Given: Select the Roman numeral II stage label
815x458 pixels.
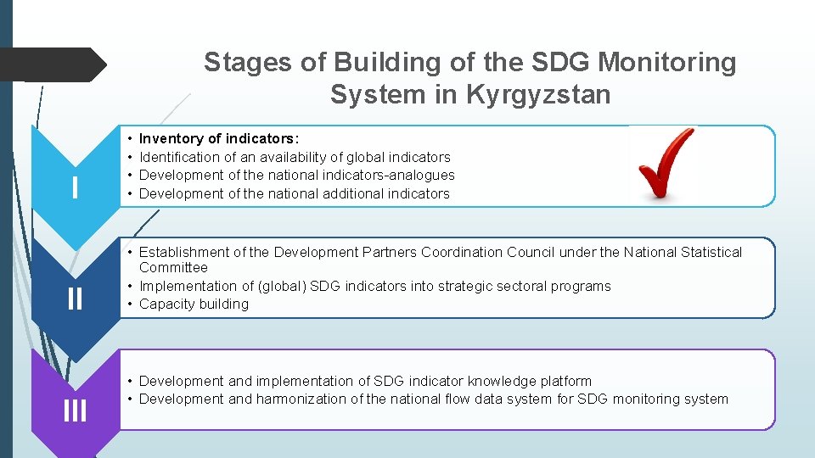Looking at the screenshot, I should pyautogui.click(x=75, y=298).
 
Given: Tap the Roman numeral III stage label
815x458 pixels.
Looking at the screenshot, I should pyautogui.click(x=75, y=411).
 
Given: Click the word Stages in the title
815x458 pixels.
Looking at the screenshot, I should pyautogui.click(x=244, y=62).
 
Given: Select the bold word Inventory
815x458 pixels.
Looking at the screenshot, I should pyautogui.click(x=172, y=138).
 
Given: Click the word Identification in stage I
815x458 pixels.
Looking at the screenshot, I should pyautogui.click(x=180, y=157).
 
